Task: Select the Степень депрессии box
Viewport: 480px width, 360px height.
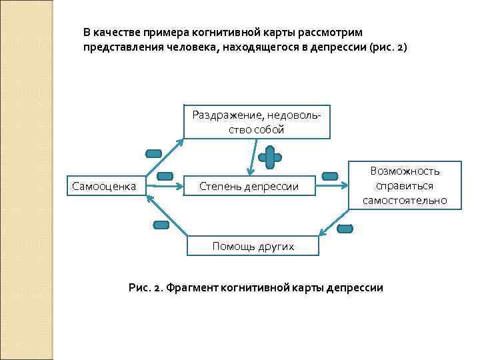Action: tap(249, 186)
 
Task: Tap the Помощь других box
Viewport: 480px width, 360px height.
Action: tap(253, 246)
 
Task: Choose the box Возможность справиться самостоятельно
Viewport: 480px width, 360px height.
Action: tap(405, 185)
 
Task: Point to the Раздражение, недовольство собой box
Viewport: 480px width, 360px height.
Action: tap(256, 122)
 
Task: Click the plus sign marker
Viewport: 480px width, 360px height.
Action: tap(269, 158)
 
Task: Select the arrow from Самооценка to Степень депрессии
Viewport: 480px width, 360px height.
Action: tap(169, 187)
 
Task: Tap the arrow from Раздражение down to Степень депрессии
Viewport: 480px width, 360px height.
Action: tap(251, 156)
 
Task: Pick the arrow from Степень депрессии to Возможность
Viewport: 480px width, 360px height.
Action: tap(333, 187)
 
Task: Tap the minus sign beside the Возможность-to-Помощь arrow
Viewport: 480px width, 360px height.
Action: tap(345, 229)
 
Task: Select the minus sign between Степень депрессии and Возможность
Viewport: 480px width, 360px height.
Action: tap(330, 176)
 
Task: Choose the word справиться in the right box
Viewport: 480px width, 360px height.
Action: tap(405, 185)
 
